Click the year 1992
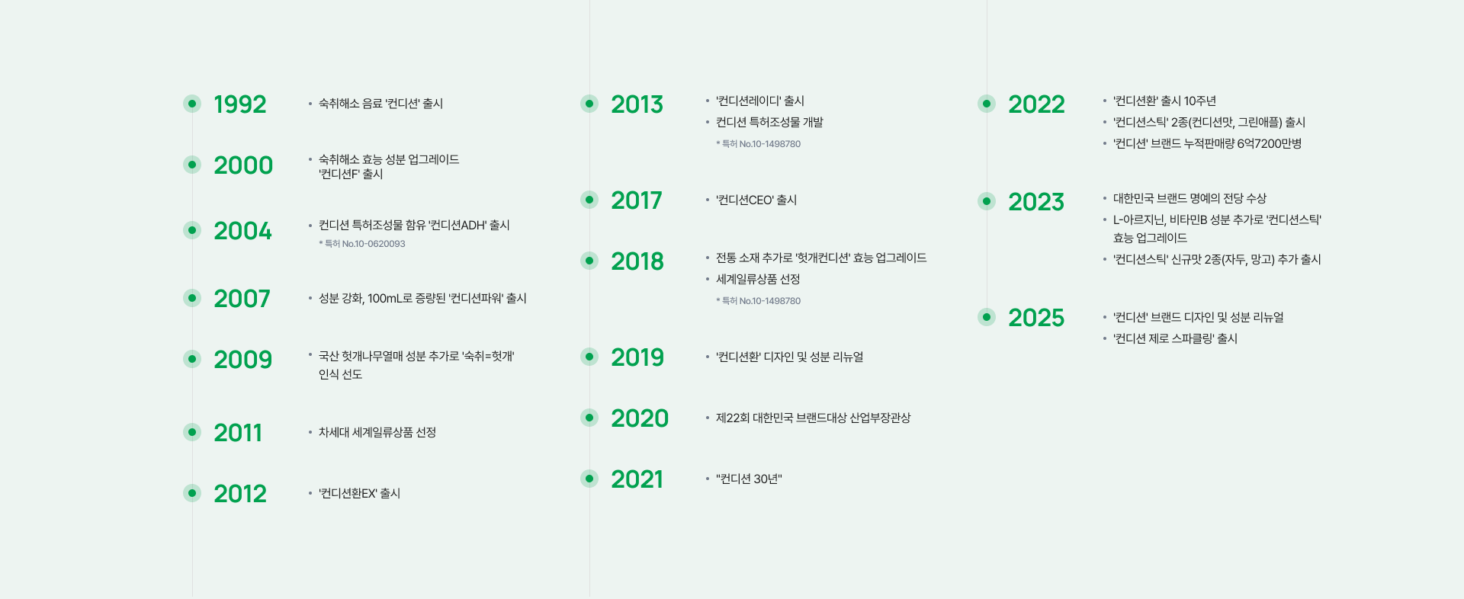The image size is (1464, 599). pyautogui.click(x=240, y=104)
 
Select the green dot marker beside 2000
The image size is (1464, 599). pyautogui.click(x=192, y=165)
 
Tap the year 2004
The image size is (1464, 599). pyautogui.click(x=242, y=231)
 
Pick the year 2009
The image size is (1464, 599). pyautogui.click(x=242, y=360)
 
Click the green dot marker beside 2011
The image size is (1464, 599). pyautogui.click(x=192, y=432)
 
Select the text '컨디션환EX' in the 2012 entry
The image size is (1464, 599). pyautogui.click(x=348, y=494)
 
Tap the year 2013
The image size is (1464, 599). pyautogui.click(x=637, y=104)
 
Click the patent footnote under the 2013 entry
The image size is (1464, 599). pyautogui.click(x=758, y=144)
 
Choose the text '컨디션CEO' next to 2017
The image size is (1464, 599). pyautogui.click(x=745, y=200)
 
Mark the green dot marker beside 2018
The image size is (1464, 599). pyautogui.click(x=589, y=261)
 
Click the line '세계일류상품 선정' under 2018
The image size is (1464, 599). pyautogui.click(x=758, y=280)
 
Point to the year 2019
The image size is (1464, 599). pyautogui.click(x=637, y=357)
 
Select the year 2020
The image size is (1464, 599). pyautogui.click(x=640, y=418)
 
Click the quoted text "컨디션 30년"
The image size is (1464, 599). pyautogui.click(x=749, y=479)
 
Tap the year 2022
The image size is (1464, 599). pyautogui.click(x=1036, y=104)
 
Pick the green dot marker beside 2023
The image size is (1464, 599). pyautogui.click(x=987, y=201)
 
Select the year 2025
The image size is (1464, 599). pyautogui.click(x=1036, y=318)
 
